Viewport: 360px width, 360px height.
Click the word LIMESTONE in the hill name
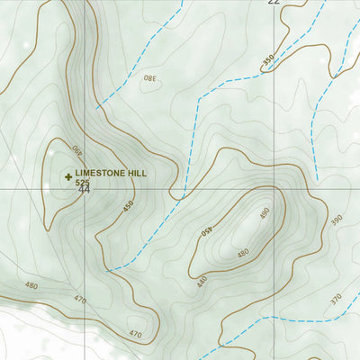pyautogui.click(x=101, y=172)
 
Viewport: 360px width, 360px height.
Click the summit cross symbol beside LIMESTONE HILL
pyautogui.click(x=67, y=176)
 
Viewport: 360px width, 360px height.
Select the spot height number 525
pyautogui.click(x=83, y=183)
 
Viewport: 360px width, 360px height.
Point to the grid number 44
pyautogui.click(x=84, y=190)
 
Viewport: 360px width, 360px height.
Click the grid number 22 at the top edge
pyautogui.click(x=273, y=3)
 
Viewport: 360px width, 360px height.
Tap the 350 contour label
pyautogui.click(x=267, y=60)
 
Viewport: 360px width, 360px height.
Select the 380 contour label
pyautogui.click(x=148, y=78)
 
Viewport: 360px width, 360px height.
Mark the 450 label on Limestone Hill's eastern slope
pyautogui.click(x=129, y=206)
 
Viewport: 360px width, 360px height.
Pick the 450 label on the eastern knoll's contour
pyautogui.click(x=206, y=230)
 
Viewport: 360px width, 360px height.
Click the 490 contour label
pyautogui.click(x=264, y=213)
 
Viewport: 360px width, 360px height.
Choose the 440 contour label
pyautogui.click(x=202, y=282)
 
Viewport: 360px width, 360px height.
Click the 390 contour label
pyautogui.click(x=337, y=220)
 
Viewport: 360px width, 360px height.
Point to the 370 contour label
pyautogui.click(x=335, y=299)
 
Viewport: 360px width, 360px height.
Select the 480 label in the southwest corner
pyautogui.click(x=31, y=286)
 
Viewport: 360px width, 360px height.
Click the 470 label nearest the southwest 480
pyautogui.click(x=80, y=300)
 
